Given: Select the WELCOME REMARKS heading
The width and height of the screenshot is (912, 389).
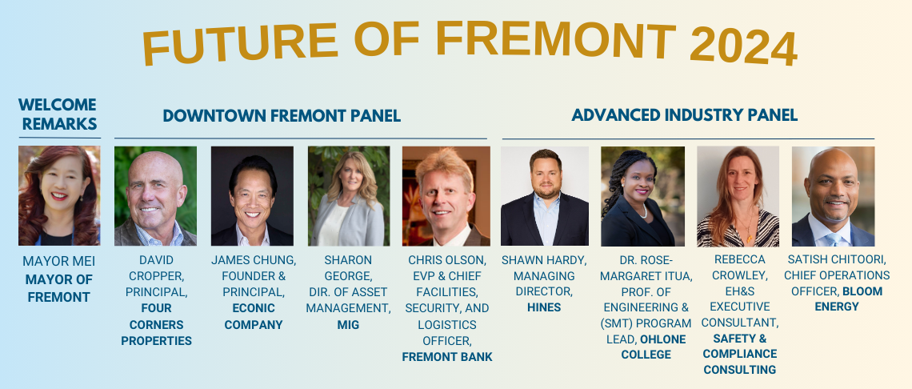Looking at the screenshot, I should [58, 114].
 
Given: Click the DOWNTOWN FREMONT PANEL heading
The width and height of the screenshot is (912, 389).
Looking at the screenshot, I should [282, 116].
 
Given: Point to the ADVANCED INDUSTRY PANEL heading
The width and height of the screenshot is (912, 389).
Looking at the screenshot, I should [684, 115].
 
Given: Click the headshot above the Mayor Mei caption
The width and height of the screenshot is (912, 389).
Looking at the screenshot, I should [59, 195].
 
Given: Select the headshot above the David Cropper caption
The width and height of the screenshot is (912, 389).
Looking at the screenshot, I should [155, 195].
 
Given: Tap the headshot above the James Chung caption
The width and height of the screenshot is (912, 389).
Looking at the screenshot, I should [252, 195].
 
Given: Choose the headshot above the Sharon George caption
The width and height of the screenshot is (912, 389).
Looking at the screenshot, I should [349, 195].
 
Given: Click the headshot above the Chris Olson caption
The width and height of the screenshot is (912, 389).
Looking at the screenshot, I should [446, 195].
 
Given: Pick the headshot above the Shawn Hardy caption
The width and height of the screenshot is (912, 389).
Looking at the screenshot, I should [544, 195].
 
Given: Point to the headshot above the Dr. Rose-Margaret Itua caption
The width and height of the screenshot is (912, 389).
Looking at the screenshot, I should [642, 195].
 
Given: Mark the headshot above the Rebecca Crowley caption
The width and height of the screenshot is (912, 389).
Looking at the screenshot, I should [738, 195].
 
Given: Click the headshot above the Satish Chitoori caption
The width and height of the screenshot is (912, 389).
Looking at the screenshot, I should [833, 195].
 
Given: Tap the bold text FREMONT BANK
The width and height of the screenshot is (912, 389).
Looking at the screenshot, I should [447, 357].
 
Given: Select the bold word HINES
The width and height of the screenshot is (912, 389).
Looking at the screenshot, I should [544, 307].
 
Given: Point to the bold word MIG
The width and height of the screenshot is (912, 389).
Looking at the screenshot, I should [348, 324].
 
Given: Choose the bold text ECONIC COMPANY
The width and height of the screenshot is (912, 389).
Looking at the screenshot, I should [253, 316].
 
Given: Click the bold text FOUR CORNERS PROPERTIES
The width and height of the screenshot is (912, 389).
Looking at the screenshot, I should [157, 324].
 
